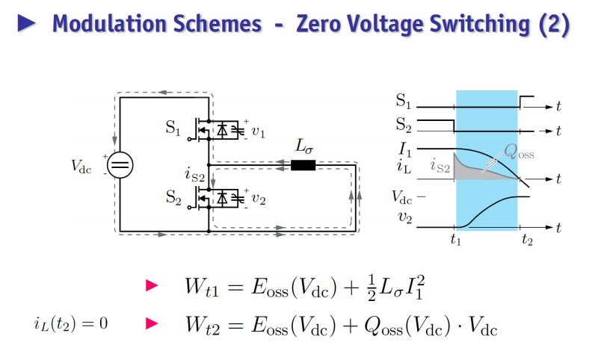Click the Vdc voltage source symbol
pyautogui.click(x=120, y=165)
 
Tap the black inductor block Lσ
pyautogui.click(x=303, y=165)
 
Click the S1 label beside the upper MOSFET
pyautogui.click(x=173, y=128)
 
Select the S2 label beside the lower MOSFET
pyautogui.click(x=173, y=197)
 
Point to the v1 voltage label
pyautogui.click(x=258, y=132)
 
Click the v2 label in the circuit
pyautogui.click(x=259, y=199)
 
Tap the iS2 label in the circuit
pyautogui.click(x=194, y=175)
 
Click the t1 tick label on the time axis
pyautogui.click(x=456, y=239)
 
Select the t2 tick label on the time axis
pyautogui.click(x=527, y=239)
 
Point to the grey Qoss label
pyautogui.click(x=519, y=152)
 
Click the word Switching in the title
pyautogui.click(x=480, y=25)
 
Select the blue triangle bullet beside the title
pyautogui.click(x=27, y=23)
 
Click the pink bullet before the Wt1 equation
pyautogui.click(x=152, y=285)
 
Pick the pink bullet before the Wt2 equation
pyautogui.click(x=152, y=323)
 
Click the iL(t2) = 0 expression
pyautogui.click(x=71, y=323)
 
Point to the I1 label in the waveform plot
pyautogui.click(x=405, y=150)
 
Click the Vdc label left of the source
pyautogui.click(x=81, y=167)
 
